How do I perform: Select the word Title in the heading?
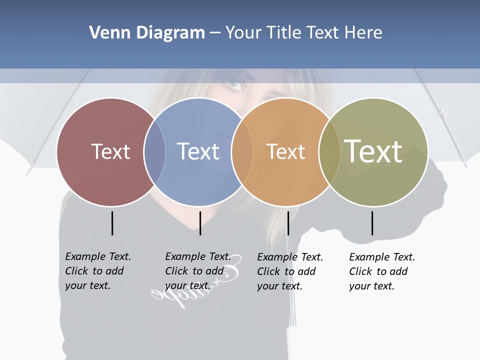(284, 33)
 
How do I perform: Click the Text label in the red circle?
(110, 151)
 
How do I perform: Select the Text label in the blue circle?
(198, 151)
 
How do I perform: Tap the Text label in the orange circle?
(285, 151)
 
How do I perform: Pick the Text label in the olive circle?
(373, 151)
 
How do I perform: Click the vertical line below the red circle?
(112, 223)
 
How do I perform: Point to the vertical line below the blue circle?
(200, 223)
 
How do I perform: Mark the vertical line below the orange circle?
(288, 223)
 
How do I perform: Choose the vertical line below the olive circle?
(372, 223)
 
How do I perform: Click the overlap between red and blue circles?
(154, 152)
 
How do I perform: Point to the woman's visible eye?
(234, 84)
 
